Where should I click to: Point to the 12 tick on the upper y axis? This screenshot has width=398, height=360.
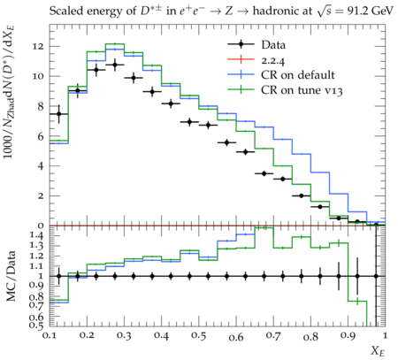pyautogui.click(x=39, y=47)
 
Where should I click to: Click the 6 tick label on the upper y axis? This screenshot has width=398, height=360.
pyautogui.click(x=41, y=136)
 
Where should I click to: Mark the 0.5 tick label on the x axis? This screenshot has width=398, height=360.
pyautogui.click(x=199, y=336)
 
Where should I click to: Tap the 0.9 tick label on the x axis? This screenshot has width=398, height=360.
pyautogui.click(x=348, y=336)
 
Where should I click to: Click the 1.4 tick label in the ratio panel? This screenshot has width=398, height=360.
pyautogui.click(x=37, y=235)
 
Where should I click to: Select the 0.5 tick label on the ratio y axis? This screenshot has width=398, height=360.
pyautogui.click(x=37, y=325)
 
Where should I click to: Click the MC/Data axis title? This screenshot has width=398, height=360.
pyautogui.click(x=11, y=276)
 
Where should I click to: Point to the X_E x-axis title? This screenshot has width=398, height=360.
pyautogui.click(x=378, y=351)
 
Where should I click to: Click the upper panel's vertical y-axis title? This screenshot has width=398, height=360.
pyautogui.click(x=10, y=92)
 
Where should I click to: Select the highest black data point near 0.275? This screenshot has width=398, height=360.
pyautogui.click(x=115, y=65)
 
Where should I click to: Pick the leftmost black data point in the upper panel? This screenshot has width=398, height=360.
pyautogui.click(x=59, y=114)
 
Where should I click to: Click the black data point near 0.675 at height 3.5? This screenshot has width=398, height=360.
pyautogui.click(x=264, y=173)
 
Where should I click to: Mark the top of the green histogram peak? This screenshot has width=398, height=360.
pyautogui.click(x=115, y=44)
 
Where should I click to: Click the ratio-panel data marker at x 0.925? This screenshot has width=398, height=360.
pyautogui.click(x=357, y=276)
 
